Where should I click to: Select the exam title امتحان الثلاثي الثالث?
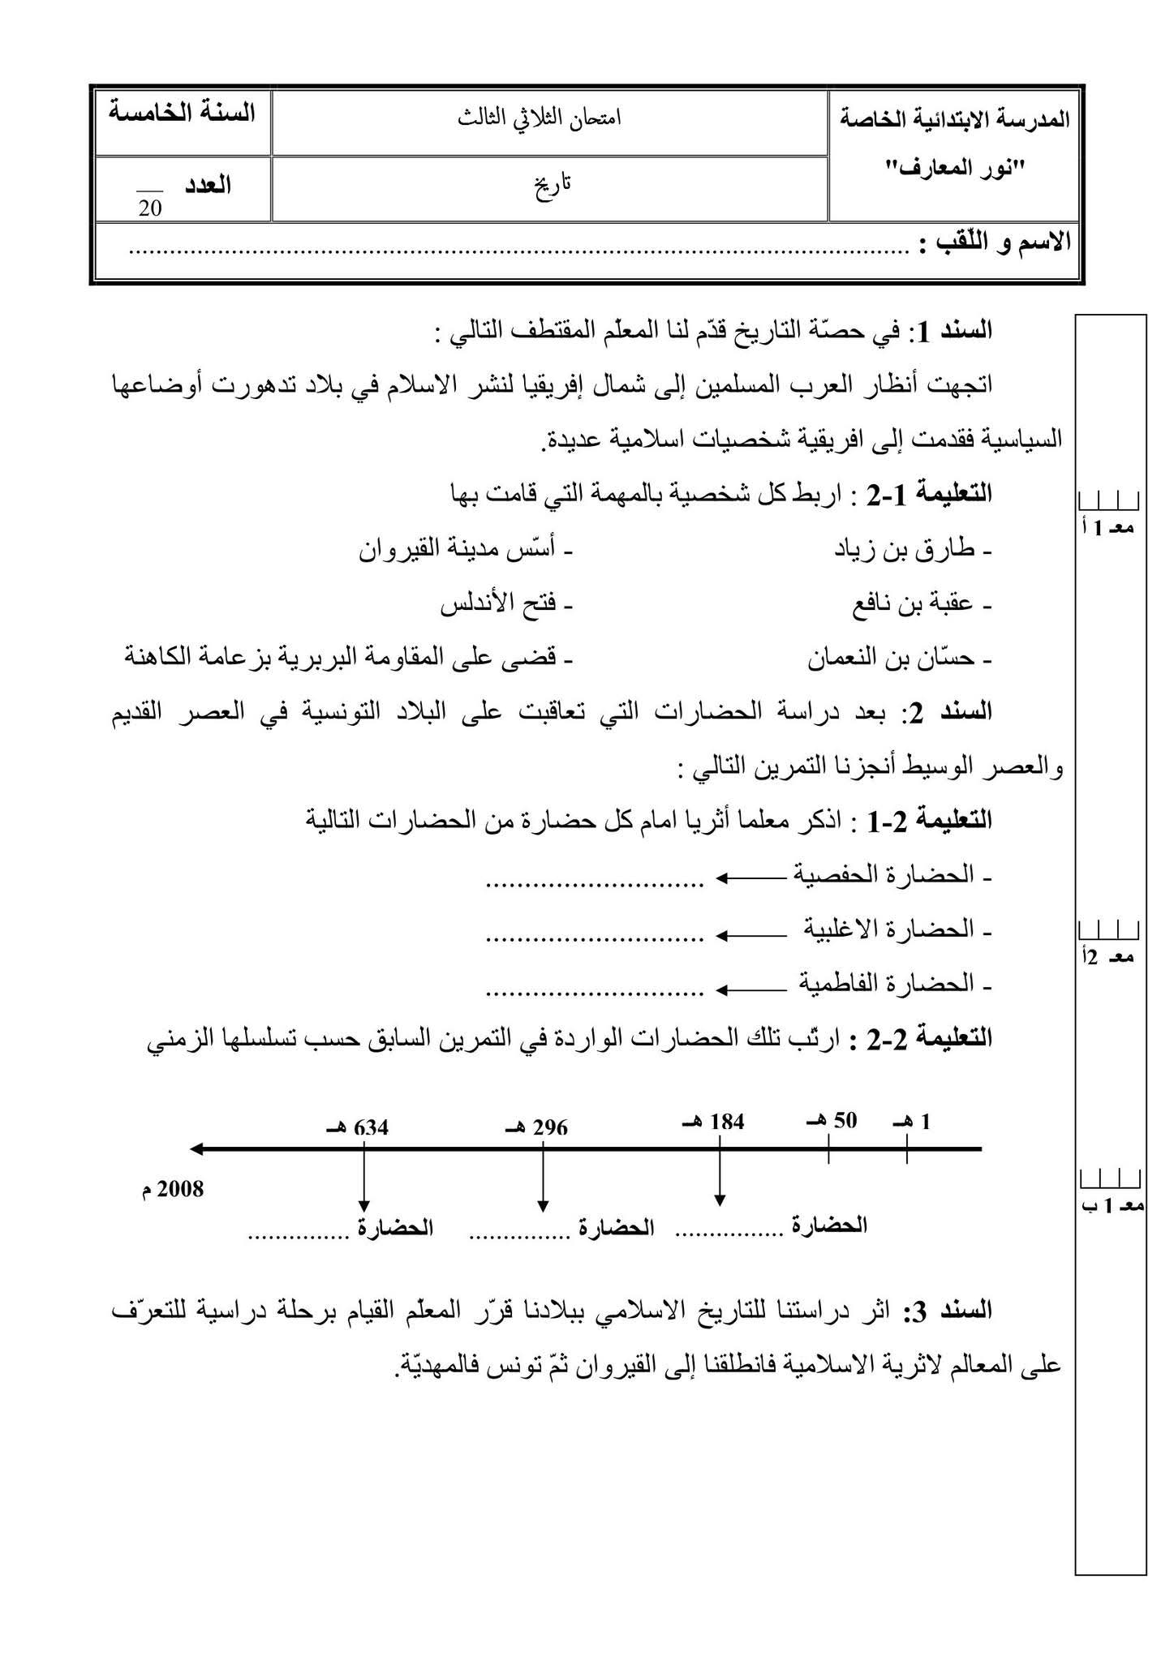(x=549, y=118)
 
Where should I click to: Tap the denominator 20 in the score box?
(x=150, y=209)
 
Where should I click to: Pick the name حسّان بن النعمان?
(x=900, y=659)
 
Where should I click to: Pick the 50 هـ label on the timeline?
(x=832, y=1122)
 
